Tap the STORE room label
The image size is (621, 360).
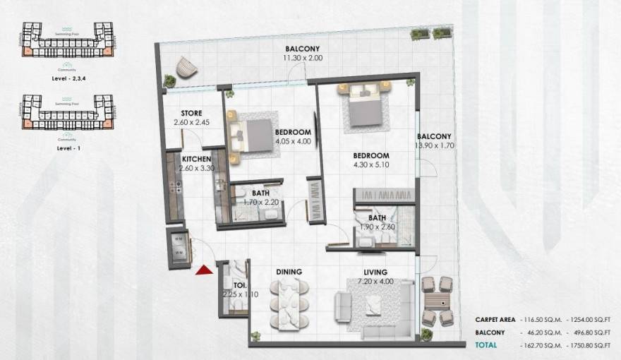191,113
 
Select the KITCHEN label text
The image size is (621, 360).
197,160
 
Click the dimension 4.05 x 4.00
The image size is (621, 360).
294,140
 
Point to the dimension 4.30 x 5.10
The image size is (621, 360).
371,165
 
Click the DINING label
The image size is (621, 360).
289,272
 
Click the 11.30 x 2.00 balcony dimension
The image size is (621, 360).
305,58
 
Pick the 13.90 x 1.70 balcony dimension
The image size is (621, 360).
433,145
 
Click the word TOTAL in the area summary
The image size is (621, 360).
485,345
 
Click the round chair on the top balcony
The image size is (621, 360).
186,67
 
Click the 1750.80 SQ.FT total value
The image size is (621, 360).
584,345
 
